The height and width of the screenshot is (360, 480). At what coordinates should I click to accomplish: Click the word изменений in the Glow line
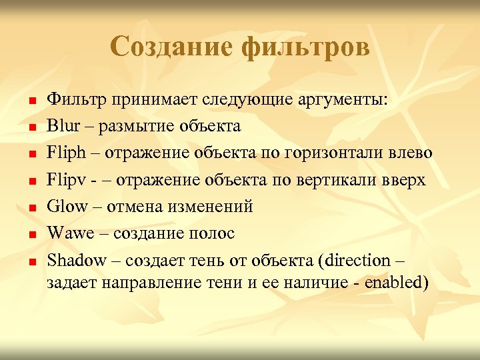coord(210,206)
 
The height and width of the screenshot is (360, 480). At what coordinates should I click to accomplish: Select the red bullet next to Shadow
coord(31,261)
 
